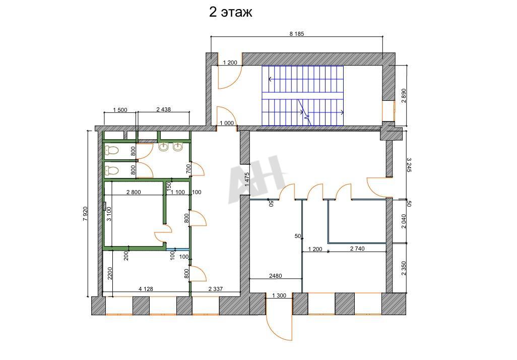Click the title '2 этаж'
[230, 12]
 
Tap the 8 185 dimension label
[297, 33]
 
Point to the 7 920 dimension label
[85, 213]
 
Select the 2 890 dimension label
[404, 96]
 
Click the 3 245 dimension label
[409, 165]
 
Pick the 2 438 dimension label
[164, 109]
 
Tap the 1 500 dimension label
[120, 110]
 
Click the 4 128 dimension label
[146, 289]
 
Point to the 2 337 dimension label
[216, 289]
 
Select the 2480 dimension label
[276, 276]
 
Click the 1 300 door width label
[279, 295]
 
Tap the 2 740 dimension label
[357, 249]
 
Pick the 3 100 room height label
[109, 214]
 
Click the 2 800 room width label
[134, 192]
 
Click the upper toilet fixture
[111, 150]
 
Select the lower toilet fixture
[111, 170]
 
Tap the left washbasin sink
[164, 147]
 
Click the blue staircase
[303, 96]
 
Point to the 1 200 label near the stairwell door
[230, 63]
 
